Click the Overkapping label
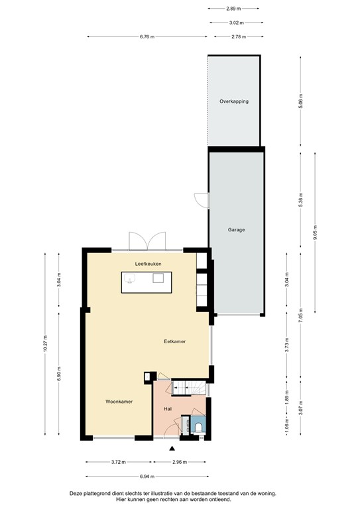pos(233,101)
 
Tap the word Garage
pos(237,230)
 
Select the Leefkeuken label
pos(149,264)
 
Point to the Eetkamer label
pos(175,341)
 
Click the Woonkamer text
pos(119,402)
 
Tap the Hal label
pos(168,409)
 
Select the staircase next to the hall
pos(188,388)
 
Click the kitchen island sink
pos(158,278)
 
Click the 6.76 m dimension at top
pos(147,37)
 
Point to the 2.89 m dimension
pos(233,9)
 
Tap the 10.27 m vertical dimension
pos(45,345)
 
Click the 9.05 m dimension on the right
pos(315,233)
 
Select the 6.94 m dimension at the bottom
pos(147,477)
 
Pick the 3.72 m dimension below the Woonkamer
pos(119,462)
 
